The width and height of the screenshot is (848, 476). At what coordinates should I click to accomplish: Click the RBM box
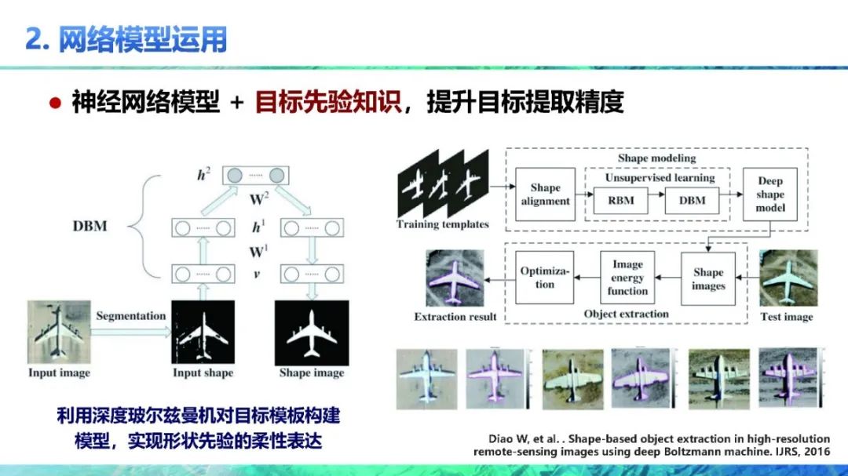[621, 200]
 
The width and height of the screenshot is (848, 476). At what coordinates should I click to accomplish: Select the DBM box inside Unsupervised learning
[693, 200]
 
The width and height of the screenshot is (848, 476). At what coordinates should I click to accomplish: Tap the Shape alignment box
[545, 194]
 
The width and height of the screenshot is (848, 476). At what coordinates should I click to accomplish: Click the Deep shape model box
[770, 194]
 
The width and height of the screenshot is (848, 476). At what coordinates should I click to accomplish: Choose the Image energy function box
[627, 278]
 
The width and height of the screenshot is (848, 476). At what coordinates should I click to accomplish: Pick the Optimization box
[545, 278]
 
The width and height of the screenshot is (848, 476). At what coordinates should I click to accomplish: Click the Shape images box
[707, 278]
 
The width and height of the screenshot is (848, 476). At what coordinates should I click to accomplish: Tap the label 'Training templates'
[443, 224]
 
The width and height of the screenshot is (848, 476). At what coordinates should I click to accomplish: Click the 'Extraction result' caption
[455, 317]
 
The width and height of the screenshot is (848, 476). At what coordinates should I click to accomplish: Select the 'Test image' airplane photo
[788, 279]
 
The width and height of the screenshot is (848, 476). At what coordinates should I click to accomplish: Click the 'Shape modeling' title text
[656, 158]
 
